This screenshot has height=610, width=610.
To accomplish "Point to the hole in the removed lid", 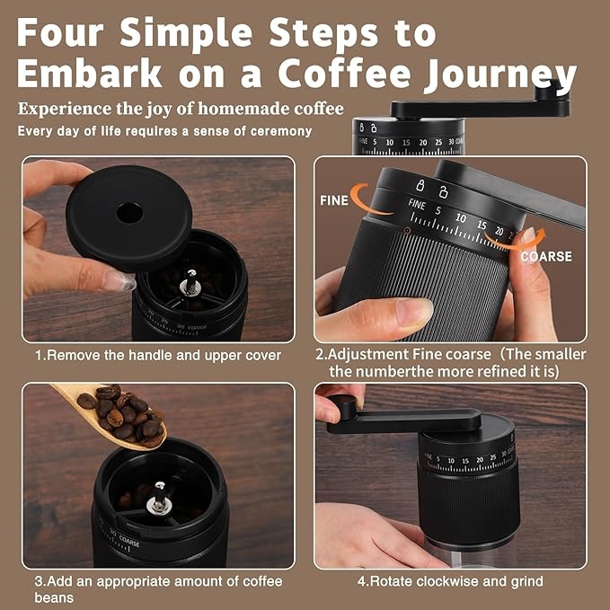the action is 129,213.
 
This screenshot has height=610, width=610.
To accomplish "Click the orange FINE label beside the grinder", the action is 334,200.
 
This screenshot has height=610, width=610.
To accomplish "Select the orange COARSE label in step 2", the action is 546,256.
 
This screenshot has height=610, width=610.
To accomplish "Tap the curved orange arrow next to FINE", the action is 369,199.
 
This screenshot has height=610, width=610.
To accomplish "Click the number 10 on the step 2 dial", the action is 460,217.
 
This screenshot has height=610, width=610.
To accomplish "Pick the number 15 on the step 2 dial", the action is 482,225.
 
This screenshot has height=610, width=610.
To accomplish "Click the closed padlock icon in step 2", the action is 420,185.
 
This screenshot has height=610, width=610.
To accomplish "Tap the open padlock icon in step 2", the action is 443,191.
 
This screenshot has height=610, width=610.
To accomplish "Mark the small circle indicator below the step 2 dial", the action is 407,231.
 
